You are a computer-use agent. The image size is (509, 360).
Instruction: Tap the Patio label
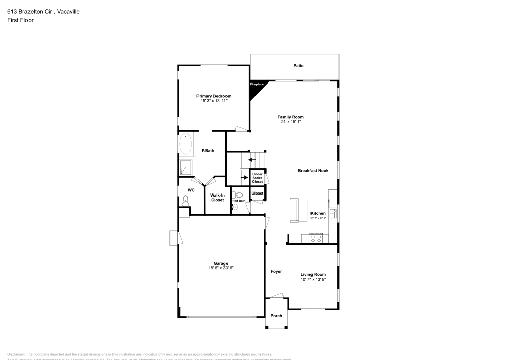(298, 66)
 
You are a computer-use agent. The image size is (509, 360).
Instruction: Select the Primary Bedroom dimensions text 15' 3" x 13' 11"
(214, 101)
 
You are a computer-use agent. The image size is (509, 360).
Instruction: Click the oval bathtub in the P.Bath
(186, 144)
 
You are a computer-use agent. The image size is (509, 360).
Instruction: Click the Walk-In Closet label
(217, 197)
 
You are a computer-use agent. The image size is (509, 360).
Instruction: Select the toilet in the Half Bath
(241, 195)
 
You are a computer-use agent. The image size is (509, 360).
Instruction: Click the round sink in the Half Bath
(235, 207)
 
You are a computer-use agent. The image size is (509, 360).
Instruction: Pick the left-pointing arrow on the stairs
(252, 160)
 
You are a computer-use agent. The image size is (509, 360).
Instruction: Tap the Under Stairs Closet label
(258, 178)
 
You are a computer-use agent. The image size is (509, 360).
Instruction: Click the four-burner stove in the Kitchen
(316, 237)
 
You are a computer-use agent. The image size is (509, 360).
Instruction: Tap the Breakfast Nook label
(313, 171)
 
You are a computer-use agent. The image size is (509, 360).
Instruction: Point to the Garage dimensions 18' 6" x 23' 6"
(220, 268)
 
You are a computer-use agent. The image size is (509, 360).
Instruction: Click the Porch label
(276, 316)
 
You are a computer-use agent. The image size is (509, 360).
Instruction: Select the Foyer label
(276, 272)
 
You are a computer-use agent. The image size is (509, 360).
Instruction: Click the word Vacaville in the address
(68, 12)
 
